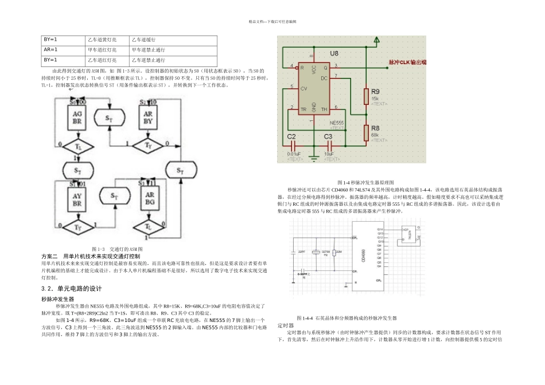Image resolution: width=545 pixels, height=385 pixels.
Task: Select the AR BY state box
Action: tap(149, 117)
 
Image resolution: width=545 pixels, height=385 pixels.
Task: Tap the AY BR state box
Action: tap(77, 198)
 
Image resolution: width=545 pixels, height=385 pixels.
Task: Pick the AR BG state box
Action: tap(149, 198)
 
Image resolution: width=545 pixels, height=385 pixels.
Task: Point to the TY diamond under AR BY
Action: tap(149, 145)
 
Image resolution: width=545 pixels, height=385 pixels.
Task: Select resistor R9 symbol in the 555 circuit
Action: tap(366, 97)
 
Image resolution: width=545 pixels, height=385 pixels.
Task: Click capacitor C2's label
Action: tap(291, 136)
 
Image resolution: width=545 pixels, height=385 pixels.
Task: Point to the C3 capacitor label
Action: tap(328, 136)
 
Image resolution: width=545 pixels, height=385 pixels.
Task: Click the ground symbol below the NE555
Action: tap(314, 155)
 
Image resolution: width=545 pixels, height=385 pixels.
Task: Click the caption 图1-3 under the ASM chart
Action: tap(100, 249)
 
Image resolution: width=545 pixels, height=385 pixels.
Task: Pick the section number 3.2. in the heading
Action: tap(48, 288)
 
